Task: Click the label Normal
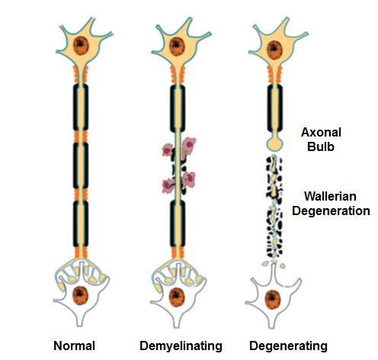[x=74, y=346]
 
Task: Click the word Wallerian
[x=334, y=196]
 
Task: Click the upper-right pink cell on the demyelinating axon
[x=186, y=146]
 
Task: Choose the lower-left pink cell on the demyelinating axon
[x=168, y=185]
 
